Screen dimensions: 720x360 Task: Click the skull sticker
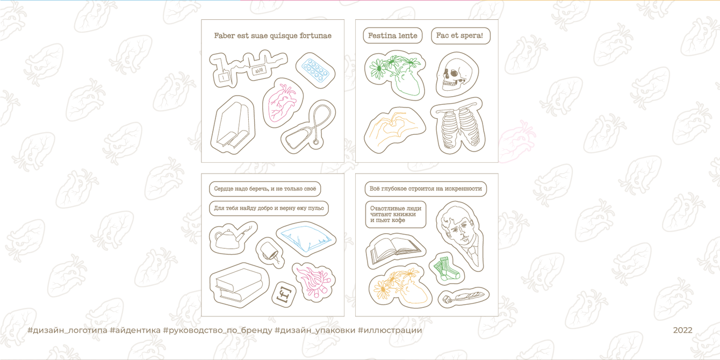tap(457, 74)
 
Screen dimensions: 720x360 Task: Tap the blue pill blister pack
tap(315, 70)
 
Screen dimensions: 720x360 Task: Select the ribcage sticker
tap(458, 126)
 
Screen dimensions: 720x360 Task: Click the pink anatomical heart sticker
tap(283, 103)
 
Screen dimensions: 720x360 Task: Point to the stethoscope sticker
tap(308, 127)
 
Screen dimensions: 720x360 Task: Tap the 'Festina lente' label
tap(392, 35)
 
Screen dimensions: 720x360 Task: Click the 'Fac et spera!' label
tap(460, 35)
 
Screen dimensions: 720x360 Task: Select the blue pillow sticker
tap(306, 239)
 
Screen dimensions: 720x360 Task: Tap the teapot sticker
tap(233, 238)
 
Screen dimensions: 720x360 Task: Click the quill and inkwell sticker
tap(464, 297)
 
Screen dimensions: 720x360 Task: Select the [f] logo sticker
tap(284, 294)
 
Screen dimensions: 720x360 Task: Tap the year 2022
tap(683, 330)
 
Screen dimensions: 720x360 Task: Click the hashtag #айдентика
tap(135, 330)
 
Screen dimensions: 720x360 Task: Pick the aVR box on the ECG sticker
tap(258, 70)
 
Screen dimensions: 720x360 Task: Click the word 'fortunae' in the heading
tap(315, 35)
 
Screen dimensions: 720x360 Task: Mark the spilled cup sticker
tap(270, 253)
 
